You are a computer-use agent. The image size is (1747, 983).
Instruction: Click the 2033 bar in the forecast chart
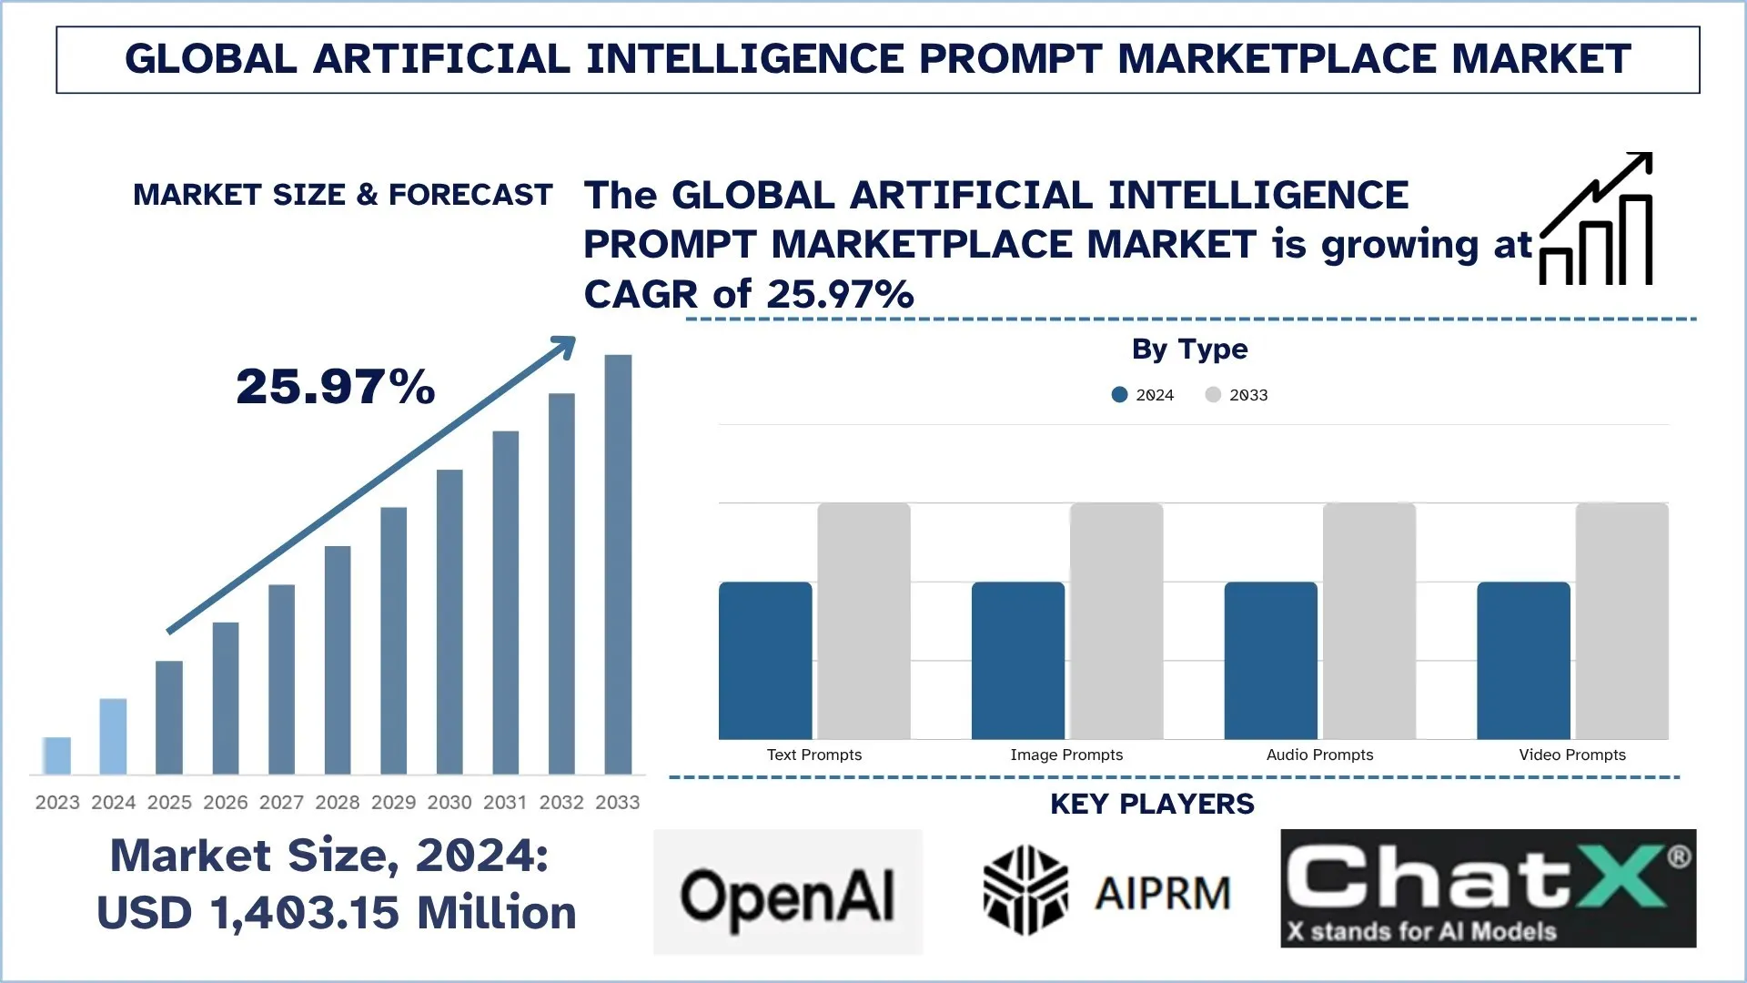point(618,564)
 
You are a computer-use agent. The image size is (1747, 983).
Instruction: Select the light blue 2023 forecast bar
point(57,755)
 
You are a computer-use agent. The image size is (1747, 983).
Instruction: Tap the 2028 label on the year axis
point(337,802)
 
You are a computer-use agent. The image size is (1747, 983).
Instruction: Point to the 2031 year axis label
point(505,802)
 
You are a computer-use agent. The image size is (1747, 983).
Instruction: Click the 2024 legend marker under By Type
point(1120,394)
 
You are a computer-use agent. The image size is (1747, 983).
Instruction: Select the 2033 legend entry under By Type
point(1237,394)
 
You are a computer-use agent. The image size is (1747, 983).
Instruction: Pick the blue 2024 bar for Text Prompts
point(765,660)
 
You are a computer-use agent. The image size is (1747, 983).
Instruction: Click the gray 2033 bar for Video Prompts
point(1621,621)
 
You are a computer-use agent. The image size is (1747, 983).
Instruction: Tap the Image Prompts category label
point(1066,755)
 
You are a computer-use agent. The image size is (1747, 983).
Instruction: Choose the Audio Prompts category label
point(1319,755)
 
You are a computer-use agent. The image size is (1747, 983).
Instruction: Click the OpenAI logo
point(788,892)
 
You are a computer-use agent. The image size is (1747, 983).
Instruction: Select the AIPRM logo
point(1107,891)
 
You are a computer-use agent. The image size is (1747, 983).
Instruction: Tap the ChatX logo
point(1488,887)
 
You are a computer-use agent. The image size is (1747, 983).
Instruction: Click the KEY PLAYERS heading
point(1152,804)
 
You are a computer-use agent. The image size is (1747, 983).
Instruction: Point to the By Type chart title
point(1189,349)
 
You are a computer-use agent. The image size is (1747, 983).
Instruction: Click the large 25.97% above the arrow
point(336,386)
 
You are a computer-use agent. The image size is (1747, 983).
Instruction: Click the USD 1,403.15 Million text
point(337,912)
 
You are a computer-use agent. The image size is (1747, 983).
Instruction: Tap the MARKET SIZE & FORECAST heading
point(343,195)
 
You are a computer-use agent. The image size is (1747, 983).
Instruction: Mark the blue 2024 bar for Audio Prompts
point(1270,660)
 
